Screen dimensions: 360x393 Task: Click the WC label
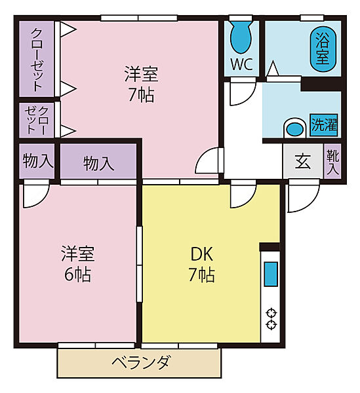point(241,64)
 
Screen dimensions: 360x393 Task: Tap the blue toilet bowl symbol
point(241,37)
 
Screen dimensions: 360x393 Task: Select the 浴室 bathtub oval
point(323,49)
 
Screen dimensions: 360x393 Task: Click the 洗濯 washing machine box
point(324,125)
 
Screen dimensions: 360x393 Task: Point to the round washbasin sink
point(295,128)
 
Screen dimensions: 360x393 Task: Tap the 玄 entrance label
point(303,161)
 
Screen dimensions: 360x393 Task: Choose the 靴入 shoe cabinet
point(332,160)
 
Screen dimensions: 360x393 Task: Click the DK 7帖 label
point(202,265)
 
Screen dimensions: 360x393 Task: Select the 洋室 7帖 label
point(141,84)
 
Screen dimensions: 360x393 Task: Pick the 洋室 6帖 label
point(78,264)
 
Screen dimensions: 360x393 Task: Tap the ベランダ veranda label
point(140,362)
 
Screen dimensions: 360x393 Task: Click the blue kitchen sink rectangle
point(271,274)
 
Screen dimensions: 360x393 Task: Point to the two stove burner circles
point(271,319)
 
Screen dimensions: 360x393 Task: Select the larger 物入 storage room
point(98,161)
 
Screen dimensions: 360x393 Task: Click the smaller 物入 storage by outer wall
point(37,161)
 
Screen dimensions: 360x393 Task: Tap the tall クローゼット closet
point(37,59)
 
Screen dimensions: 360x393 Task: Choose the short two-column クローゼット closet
point(37,121)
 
